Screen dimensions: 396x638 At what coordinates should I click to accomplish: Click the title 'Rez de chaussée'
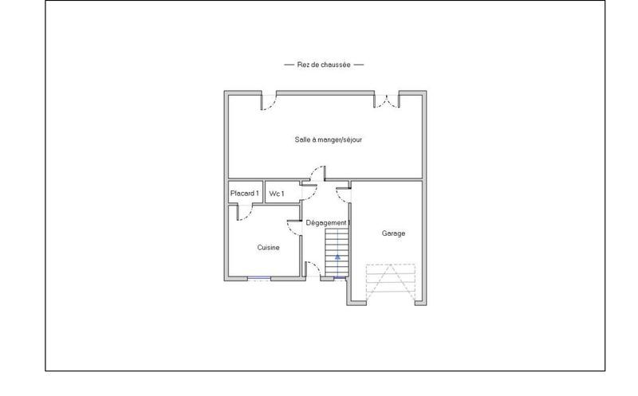324,65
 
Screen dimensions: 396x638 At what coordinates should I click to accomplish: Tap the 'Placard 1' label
244,194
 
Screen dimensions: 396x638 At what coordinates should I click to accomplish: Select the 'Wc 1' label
277,194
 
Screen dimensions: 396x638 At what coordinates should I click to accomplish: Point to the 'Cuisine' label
268,248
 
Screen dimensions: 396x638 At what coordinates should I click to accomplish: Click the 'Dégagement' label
328,222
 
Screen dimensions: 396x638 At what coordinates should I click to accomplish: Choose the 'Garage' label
393,233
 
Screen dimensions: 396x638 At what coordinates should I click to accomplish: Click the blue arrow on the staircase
337,257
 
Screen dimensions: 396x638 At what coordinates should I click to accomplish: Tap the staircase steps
337,243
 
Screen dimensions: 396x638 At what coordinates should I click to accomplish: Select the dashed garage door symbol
390,284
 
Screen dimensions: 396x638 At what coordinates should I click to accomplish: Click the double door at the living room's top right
387,100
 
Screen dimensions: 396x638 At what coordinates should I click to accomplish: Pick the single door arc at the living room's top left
270,101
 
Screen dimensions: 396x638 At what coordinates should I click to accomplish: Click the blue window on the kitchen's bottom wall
258,278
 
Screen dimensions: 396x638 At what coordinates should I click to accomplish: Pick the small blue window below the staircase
339,277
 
